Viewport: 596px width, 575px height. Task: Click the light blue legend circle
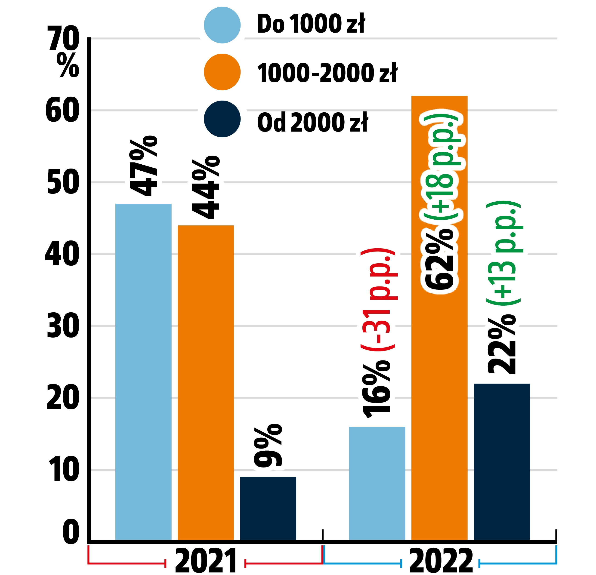click(222, 25)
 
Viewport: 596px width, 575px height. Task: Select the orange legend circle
click(222, 72)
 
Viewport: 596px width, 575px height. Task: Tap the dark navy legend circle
click(222, 119)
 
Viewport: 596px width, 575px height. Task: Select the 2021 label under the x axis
click(206, 561)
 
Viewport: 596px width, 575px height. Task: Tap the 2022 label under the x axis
click(441, 561)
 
